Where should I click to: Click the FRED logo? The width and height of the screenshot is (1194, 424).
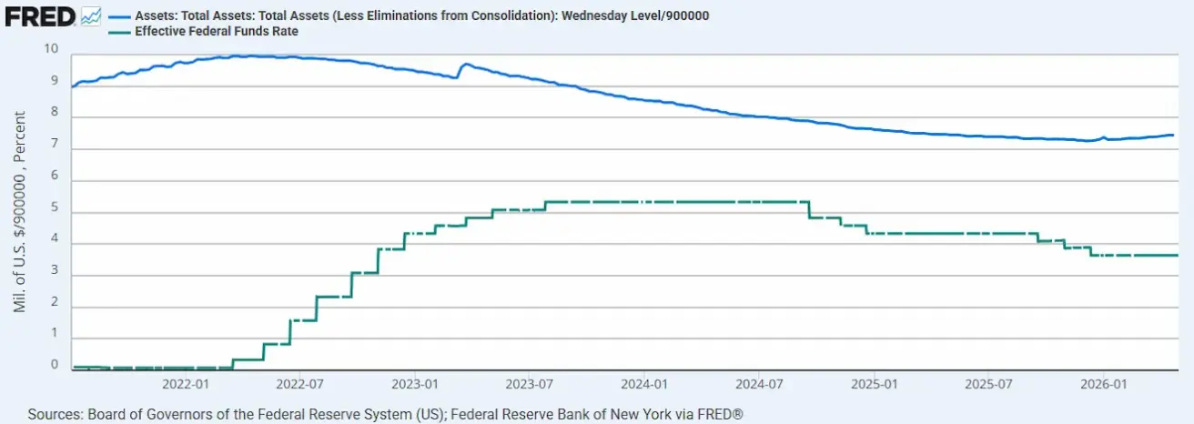[40, 16]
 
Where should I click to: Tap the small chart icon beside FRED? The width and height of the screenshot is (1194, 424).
[91, 16]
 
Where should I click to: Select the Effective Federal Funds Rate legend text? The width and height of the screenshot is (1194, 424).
[217, 32]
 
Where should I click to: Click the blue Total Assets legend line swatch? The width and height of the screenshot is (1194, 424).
[119, 16]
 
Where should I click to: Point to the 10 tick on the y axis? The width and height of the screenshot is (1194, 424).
[51, 48]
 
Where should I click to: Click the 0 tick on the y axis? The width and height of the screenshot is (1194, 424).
[55, 364]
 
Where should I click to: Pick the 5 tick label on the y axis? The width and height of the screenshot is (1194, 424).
[55, 207]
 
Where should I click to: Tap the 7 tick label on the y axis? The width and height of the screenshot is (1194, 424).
[55, 144]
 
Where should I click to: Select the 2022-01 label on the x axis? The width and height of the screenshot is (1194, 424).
[186, 384]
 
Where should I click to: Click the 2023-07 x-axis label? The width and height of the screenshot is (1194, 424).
[530, 384]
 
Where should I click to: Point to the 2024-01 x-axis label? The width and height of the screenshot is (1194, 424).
[644, 384]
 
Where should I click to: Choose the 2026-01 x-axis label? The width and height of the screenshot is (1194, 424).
[1104, 384]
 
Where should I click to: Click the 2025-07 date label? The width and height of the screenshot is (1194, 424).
[988, 384]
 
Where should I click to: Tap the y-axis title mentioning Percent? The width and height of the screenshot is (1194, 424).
[19, 211]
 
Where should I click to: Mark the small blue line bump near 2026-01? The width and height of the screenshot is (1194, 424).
[1103, 137]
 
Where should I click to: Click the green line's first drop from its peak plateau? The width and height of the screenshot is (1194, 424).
[809, 210]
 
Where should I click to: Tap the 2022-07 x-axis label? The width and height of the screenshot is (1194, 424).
[299, 384]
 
